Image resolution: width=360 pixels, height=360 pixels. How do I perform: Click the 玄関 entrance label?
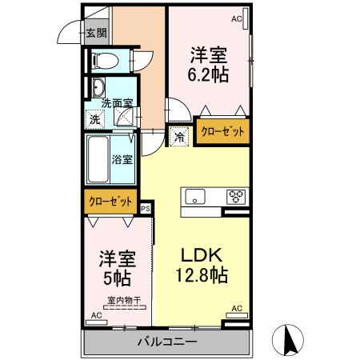[x=96, y=33]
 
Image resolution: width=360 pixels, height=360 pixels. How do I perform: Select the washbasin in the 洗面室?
[x=98, y=87]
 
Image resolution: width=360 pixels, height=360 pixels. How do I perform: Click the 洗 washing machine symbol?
[x=95, y=119]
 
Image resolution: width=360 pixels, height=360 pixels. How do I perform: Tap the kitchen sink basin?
[x=197, y=196]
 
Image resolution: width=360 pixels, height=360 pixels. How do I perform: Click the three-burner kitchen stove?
[x=236, y=196]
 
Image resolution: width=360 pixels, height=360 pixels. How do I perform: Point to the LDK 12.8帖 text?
[x=203, y=265]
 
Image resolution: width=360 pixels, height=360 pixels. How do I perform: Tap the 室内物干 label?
[x=124, y=301]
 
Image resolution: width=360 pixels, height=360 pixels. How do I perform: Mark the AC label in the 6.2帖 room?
[x=236, y=17]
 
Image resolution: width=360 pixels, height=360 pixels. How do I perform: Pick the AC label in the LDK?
[x=236, y=308]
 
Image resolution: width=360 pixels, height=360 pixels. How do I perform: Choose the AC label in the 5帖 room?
[x=96, y=316]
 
